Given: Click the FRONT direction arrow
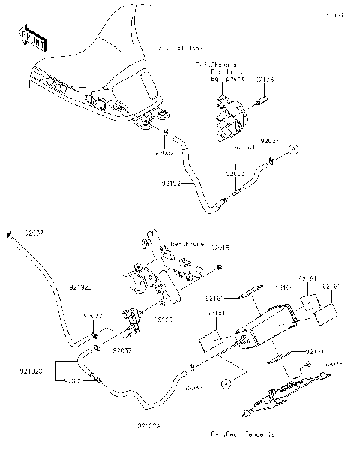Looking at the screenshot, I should [x=33, y=38].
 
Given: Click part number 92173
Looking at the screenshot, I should [x=265, y=78].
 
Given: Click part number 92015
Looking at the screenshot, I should [x=219, y=247].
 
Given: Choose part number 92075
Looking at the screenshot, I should [x=334, y=364].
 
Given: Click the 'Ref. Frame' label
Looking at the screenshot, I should [x=187, y=244].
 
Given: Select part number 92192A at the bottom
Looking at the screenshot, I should [x=149, y=425].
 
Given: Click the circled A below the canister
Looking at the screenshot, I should [x=223, y=384].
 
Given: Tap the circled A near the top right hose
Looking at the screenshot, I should [x=295, y=148].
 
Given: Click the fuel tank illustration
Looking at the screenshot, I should [x=97, y=67].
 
